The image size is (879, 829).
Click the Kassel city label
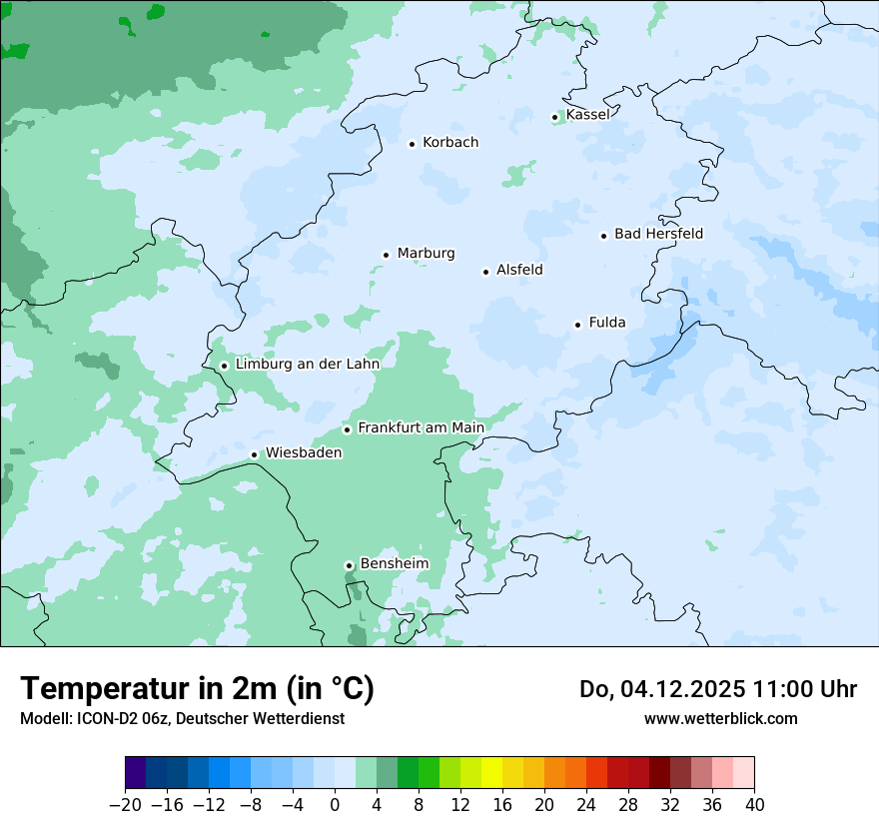tap(587, 115)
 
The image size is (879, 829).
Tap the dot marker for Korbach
tap(412, 144)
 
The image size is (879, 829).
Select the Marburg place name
tap(426, 254)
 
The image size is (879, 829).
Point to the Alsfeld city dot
tap(486, 272)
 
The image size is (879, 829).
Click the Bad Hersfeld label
tap(658, 234)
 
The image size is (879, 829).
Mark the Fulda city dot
tap(577, 325)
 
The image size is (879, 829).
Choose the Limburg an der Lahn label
tap(307, 365)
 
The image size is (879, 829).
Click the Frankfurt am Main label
tap(421, 427)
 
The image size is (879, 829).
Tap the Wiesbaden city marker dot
tap(255, 455)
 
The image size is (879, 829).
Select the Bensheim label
tap(394, 563)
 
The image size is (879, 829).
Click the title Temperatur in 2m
tap(197, 689)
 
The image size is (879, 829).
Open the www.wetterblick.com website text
tap(720, 718)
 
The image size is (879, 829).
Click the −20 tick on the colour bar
tap(125, 805)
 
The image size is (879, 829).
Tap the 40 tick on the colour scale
tap(754, 805)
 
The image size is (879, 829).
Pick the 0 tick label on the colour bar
tap(335, 805)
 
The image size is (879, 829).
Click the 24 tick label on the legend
tap(586, 805)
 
